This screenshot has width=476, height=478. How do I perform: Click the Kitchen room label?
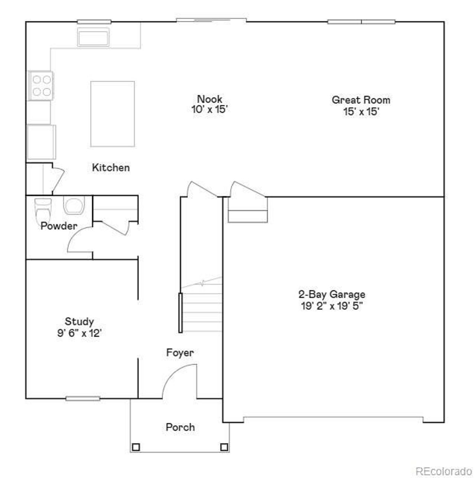tap(111, 168)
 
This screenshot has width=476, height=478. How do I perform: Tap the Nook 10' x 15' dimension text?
tap(210, 110)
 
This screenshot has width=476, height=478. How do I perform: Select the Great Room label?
tap(361, 100)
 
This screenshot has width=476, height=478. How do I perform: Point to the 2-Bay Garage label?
tap(332, 294)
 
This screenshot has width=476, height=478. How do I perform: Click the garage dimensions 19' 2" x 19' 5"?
tap(332, 306)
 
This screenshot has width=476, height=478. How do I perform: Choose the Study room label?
tap(79, 322)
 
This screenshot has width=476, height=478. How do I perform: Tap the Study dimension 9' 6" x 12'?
tap(79, 333)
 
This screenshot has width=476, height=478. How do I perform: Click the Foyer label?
tap(180, 353)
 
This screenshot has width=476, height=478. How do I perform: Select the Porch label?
tap(180, 427)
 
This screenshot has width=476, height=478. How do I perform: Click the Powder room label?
tap(59, 226)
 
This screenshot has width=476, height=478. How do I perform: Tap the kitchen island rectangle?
tap(113, 114)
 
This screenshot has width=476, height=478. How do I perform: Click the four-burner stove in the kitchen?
tap(41, 85)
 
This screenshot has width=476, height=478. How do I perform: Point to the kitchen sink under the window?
tap(94, 37)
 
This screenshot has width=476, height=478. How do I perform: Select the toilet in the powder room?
tap(42, 210)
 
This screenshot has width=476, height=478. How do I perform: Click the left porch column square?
tap(136, 447)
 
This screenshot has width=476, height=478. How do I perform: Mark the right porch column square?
tap(224, 447)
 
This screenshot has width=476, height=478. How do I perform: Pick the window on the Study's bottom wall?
tap(83, 399)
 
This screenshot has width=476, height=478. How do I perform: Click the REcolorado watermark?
tap(443, 471)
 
